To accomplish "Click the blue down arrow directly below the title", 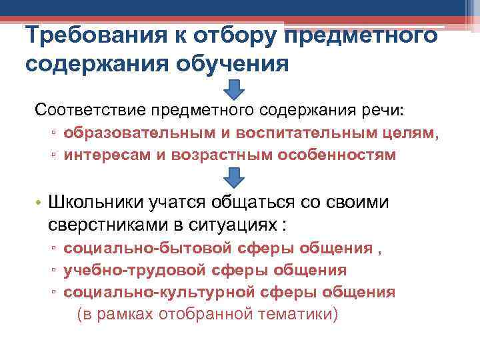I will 233,89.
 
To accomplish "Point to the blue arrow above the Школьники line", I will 233,177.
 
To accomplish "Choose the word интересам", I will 103,155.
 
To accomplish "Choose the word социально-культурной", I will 157,292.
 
